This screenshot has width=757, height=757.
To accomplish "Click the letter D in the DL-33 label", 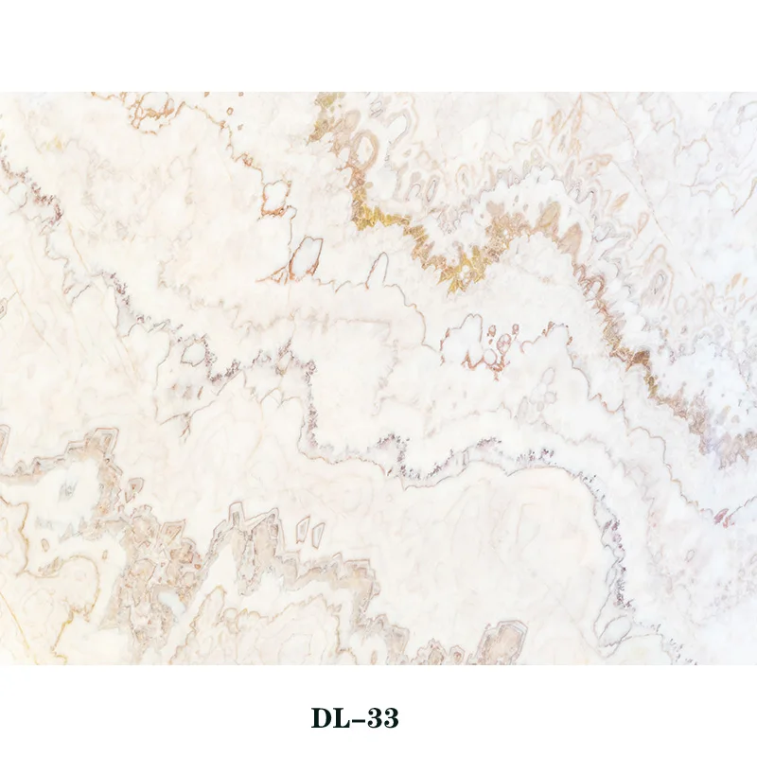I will pos(323,718).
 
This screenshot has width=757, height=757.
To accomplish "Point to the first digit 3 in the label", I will pos(377,718).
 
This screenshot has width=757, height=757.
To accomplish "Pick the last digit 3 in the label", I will pos(391,718).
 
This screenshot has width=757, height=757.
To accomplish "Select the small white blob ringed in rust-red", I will pos(275,198).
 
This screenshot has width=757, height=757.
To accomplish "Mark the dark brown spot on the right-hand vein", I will pos(641,357).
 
